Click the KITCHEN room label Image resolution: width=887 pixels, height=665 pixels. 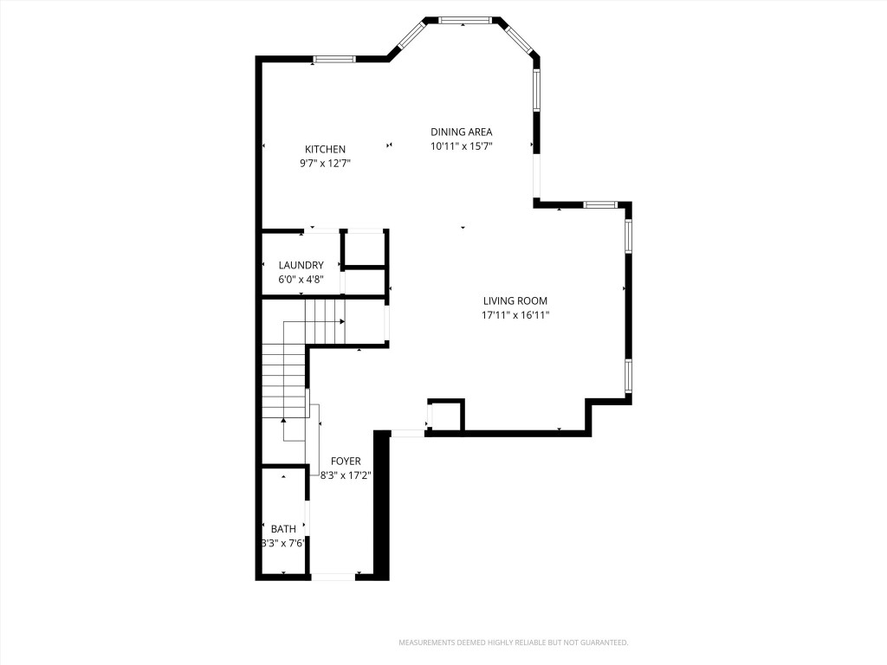[x=325, y=149]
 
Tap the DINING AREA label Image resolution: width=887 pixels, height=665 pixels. [x=462, y=132]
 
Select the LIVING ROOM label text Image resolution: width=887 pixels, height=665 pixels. [x=515, y=300]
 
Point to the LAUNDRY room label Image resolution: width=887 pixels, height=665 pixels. [x=301, y=265]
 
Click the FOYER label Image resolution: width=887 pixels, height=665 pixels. [x=345, y=462]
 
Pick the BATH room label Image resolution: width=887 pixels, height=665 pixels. [x=283, y=529]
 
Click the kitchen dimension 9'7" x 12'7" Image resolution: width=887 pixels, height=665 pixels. [x=325, y=163]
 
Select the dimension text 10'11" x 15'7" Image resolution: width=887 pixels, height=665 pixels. [x=462, y=145]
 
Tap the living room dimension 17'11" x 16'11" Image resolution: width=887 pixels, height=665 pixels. [x=515, y=315]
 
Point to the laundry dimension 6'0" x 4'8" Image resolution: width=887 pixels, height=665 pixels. [x=301, y=279]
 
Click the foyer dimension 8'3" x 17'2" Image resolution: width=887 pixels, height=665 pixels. [x=345, y=475]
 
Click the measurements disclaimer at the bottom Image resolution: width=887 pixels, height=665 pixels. [x=513, y=642]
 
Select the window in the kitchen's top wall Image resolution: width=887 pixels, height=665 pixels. [x=333, y=59]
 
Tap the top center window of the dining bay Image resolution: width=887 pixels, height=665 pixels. [x=465, y=20]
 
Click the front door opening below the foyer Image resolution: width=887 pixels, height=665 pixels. [x=333, y=576]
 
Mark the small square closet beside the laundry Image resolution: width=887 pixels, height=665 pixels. [x=365, y=249]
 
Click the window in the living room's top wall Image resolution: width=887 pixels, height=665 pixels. [x=599, y=204]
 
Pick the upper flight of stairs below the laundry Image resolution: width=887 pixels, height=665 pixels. [x=327, y=320]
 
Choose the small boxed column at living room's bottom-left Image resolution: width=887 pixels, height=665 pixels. [x=446, y=415]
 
